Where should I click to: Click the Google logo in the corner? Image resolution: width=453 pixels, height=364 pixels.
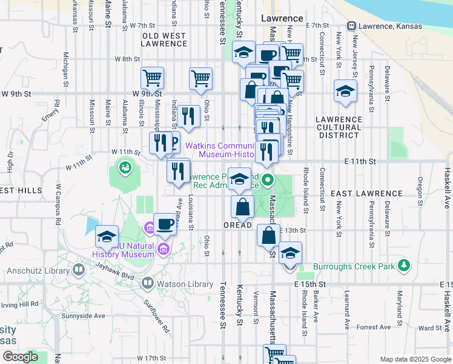[x=20, y=357]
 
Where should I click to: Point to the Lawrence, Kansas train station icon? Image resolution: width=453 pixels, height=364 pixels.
[x=351, y=25]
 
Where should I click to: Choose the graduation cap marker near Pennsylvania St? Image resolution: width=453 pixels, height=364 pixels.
[x=345, y=91]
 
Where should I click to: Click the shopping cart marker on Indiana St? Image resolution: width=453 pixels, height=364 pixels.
[x=152, y=77]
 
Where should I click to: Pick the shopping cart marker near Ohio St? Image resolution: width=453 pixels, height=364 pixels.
[x=200, y=78]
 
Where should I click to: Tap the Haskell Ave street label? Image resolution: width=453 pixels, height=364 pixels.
[x=447, y=189]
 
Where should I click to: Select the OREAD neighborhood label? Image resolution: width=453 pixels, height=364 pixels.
[x=237, y=225]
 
